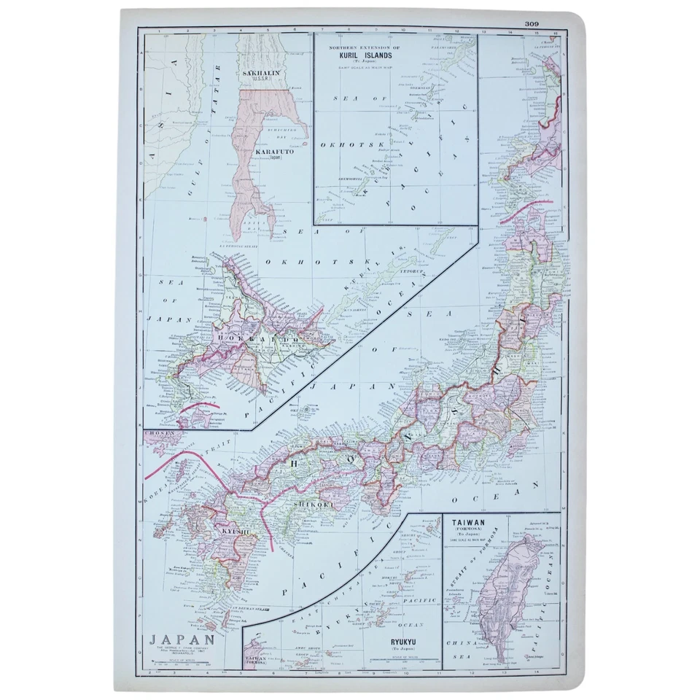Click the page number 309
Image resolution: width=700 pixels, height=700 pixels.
pos(530,24)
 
